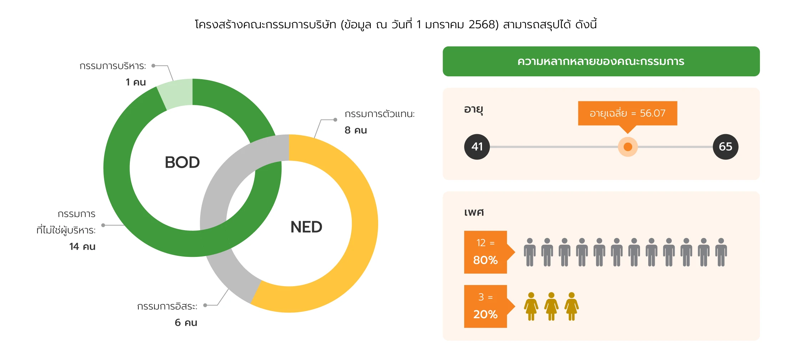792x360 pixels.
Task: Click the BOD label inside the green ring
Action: click(x=182, y=162)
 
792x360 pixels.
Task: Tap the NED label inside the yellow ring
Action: click(x=306, y=227)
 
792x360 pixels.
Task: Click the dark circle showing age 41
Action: click(x=477, y=147)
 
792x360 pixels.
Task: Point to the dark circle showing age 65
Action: click(x=726, y=147)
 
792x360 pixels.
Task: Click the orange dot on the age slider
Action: click(x=628, y=147)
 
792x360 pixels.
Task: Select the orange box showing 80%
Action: click(x=486, y=252)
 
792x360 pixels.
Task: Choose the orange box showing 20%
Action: click(x=486, y=306)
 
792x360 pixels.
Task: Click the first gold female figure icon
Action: click(x=531, y=306)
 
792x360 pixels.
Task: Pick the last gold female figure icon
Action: click(x=572, y=306)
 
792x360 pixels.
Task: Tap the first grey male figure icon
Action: click(x=530, y=252)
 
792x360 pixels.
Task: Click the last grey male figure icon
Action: click(x=721, y=252)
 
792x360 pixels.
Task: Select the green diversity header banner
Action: click(x=601, y=61)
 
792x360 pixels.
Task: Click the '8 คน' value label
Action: click(x=356, y=130)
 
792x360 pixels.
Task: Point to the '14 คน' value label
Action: click(x=82, y=247)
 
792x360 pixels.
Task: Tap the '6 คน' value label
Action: click(x=186, y=323)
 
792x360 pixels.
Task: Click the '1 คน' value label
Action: click(x=136, y=82)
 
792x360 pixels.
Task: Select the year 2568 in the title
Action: click(x=483, y=25)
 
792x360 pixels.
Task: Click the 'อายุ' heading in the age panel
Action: click(x=473, y=109)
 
